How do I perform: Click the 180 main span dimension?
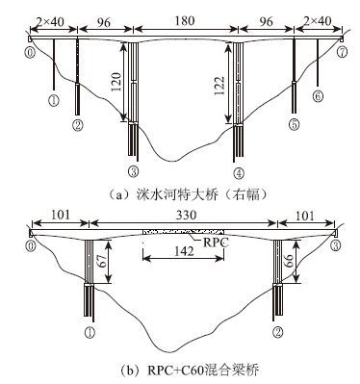point(185,21)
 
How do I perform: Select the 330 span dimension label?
point(186,215)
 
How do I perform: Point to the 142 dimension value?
point(183,251)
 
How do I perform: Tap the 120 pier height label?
point(116,82)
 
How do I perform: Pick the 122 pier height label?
point(220,86)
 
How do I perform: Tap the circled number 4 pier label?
point(239,173)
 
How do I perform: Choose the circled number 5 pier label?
point(294,124)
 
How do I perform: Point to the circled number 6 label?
point(318,96)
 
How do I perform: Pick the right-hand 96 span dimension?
point(266,21)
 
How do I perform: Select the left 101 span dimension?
point(60,215)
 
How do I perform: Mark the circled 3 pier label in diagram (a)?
point(133,172)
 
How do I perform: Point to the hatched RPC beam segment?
point(183,232)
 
